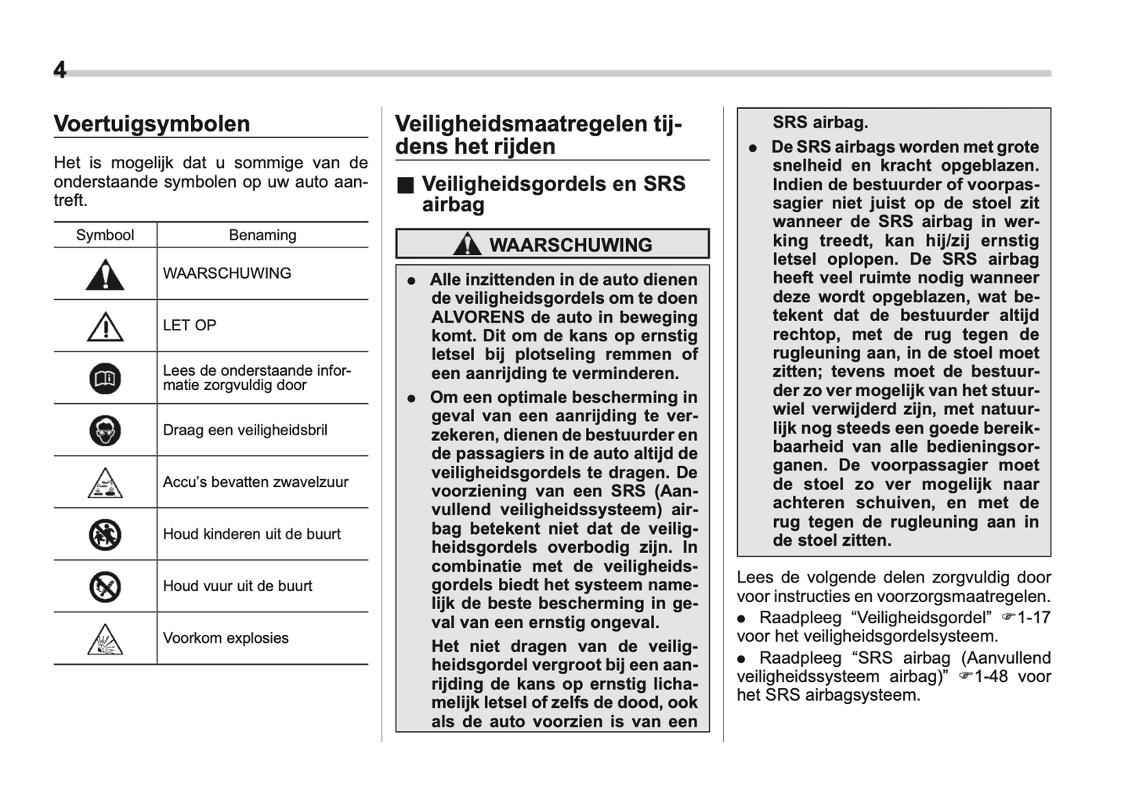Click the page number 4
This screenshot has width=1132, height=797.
(60, 70)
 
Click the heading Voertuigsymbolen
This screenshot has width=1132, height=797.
(152, 124)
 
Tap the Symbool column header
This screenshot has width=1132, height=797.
(105, 235)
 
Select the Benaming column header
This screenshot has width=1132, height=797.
(262, 235)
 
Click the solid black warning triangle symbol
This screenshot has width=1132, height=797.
(105, 275)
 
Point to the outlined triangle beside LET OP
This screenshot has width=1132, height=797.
(105, 326)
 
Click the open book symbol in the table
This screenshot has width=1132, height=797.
(105, 379)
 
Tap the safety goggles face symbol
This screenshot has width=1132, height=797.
(105, 431)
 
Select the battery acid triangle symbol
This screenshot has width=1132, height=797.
(105, 483)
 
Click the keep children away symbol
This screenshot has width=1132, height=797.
(105, 535)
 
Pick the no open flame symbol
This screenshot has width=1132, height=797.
(105, 586)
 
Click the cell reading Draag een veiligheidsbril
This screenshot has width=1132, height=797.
(245, 430)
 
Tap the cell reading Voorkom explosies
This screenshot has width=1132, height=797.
(226, 638)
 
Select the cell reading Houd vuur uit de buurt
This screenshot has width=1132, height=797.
(237, 586)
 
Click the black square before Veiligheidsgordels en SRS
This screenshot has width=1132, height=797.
(405, 186)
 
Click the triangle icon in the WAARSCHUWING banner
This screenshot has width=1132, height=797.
(468, 244)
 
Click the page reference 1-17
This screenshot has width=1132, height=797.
(1033, 618)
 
